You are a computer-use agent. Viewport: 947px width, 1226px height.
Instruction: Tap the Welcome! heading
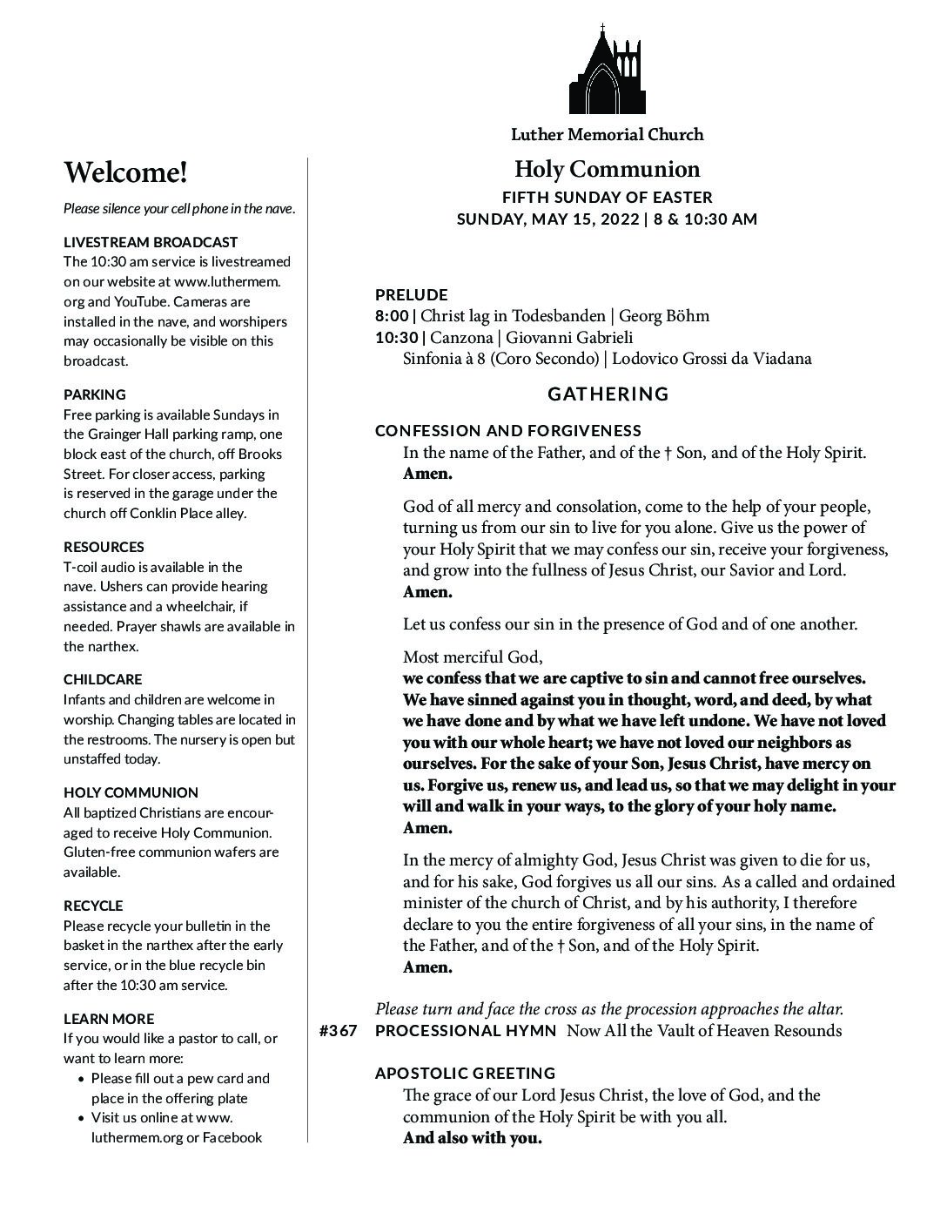(125, 172)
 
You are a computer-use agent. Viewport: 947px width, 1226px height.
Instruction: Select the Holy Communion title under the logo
(607, 169)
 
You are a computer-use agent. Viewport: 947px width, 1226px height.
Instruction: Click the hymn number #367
(338, 1031)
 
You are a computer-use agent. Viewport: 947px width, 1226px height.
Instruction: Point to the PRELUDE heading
(411, 294)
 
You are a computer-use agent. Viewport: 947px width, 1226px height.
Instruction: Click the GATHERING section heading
(608, 394)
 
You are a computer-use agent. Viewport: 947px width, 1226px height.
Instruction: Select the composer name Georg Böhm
(663, 315)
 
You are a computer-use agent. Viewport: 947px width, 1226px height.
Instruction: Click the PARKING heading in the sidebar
(95, 394)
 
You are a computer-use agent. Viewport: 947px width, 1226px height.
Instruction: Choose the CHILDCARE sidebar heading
(103, 679)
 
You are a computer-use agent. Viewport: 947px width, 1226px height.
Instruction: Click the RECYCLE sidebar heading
(93, 906)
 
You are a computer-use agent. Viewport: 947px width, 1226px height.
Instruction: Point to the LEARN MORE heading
(109, 1019)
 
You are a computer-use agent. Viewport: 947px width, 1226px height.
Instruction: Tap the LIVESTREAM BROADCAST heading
(151, 242)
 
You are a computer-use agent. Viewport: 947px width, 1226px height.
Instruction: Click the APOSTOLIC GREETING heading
(465, 1073)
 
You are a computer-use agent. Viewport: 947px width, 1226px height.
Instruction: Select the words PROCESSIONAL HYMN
(466, 1031)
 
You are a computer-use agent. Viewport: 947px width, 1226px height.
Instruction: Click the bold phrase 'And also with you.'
(473, 1138)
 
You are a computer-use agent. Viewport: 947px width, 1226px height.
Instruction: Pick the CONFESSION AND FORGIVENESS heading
(508, 430)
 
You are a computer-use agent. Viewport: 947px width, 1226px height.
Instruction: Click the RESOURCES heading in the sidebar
(104, 547)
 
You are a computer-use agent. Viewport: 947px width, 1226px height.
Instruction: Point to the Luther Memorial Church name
(607, 134)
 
